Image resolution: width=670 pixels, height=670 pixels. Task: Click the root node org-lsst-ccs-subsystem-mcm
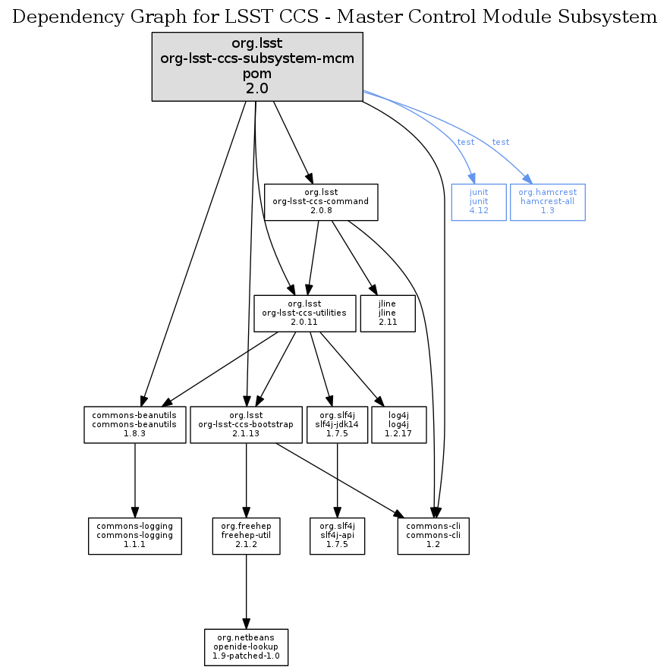pos(257,66)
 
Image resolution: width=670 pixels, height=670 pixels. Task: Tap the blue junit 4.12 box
pos(479,202)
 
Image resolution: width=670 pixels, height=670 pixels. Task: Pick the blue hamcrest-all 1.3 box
pos(547,202)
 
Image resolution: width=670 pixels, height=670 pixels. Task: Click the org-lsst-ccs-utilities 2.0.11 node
pos(305,313)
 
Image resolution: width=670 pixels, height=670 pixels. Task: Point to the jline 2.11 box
pos(393,313)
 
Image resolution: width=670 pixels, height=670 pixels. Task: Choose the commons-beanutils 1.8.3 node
pos(134,424)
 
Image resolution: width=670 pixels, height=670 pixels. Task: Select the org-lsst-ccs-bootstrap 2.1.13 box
pos(245,424)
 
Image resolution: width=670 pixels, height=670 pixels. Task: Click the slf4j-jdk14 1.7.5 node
pos(337,424)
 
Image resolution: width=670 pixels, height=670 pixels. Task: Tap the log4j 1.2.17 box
pos(399,424)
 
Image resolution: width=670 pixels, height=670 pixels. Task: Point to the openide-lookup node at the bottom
pos(246,646)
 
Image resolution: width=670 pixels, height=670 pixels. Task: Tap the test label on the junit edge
pos(465,143)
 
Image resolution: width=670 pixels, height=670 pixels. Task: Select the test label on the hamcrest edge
pos(500,143)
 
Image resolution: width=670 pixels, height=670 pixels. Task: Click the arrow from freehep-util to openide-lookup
pos(246,591)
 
